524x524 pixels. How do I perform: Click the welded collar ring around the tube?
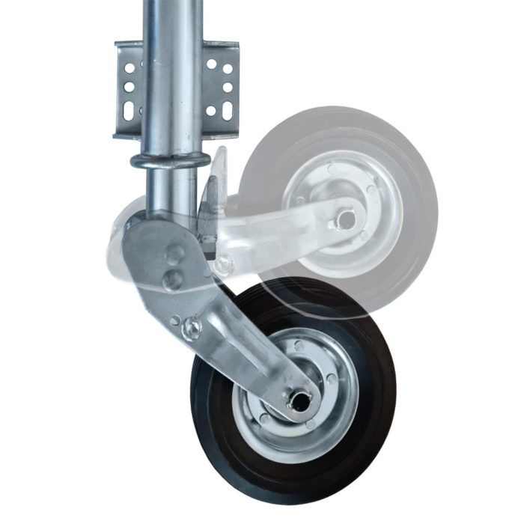pyautogui.click(x=168, y=160)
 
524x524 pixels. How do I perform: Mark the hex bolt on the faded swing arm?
pyautogui.click(x=222, y=263)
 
